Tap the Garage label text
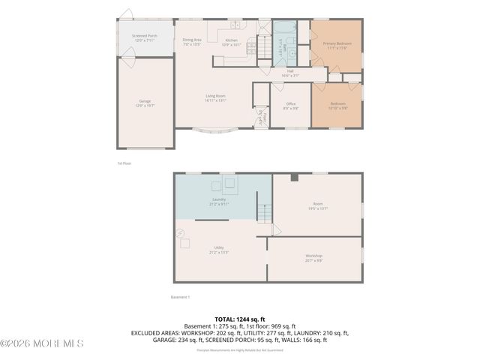point(145,103)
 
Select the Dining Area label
point(192,41)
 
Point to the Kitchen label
point(232,42)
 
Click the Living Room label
point(217,97)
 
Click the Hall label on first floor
point(289,73)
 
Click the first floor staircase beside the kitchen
point(263,46)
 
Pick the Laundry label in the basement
point(219,201)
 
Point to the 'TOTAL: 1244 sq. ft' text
point(240,319)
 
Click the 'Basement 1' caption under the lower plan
point(180,297)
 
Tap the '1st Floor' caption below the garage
point(124,162)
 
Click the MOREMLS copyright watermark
point(42,343)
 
